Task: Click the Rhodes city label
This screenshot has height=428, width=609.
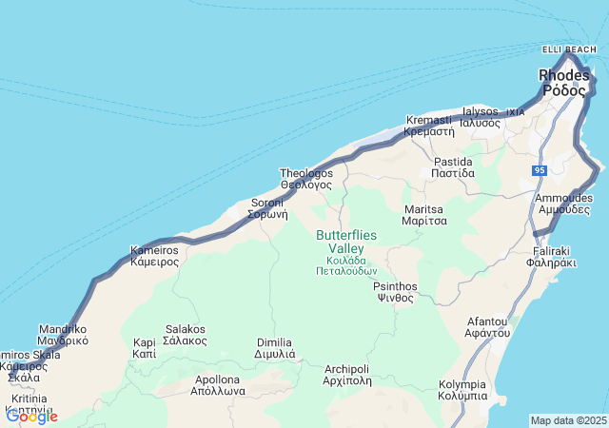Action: point(562,83)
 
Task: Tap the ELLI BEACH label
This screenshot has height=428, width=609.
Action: point(568,49)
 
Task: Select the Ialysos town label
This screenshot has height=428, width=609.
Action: point(481,117)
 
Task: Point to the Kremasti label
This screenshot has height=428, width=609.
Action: point(429,126)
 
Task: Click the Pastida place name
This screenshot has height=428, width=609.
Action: point(453,167)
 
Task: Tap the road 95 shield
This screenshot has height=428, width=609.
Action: point(540,170)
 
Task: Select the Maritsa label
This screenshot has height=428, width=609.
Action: point(424,214)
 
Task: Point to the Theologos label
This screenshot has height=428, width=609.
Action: point(306,179)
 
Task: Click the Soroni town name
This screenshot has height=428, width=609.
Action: point(268,208)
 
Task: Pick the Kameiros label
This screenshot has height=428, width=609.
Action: point(154,256)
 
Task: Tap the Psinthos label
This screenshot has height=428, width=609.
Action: point(395,291)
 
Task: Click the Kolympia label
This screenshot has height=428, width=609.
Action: point(463,390)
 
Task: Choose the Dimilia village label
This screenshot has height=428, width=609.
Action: point(276,348)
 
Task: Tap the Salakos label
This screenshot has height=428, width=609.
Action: point(186,335)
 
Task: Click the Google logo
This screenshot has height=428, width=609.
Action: point(31,416)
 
